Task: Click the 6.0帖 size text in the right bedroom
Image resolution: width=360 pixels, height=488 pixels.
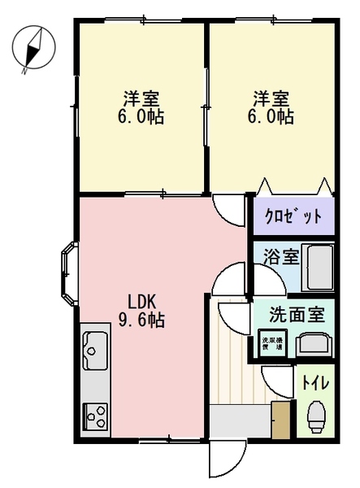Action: click(270, 118)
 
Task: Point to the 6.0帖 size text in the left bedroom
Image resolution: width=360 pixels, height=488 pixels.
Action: click(141, 118)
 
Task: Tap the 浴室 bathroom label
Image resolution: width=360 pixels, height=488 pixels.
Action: click(280, 257)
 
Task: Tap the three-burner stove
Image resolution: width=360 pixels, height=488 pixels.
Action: click(95, 416)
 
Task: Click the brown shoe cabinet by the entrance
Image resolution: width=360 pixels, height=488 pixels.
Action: click(281, 420)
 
